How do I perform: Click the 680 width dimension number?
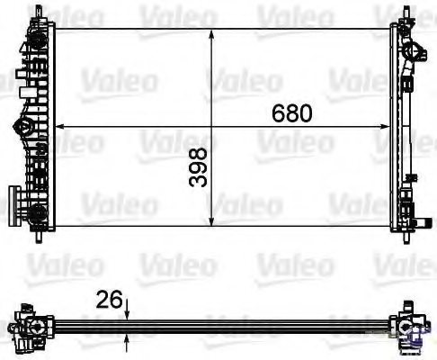tap(292, 114)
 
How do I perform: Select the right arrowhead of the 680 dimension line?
tap(388, 126)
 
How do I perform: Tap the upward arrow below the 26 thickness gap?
tap(128, 339)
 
